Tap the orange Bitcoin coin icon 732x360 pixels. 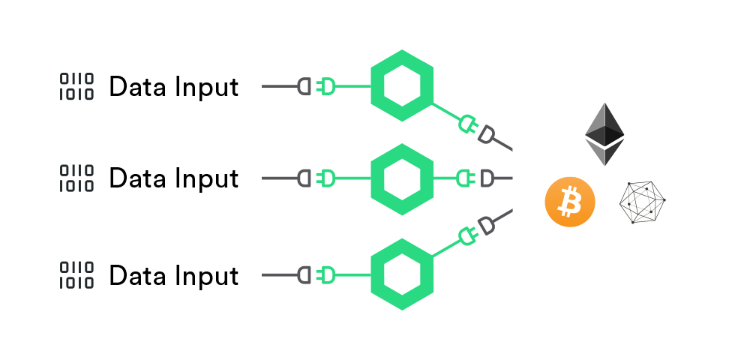click(569, 202)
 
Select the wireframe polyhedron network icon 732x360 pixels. click(643, 202)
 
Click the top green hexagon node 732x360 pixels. click(403, 86)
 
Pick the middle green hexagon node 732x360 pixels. click(403, 178)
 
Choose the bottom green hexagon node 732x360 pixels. click(403, 274)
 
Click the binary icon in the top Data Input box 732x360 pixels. click(76, 87)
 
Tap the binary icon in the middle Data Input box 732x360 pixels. click(76, 178)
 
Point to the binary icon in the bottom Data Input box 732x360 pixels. click(76, 275)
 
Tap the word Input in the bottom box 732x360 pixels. click(205, 277)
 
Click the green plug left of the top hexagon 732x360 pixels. click(328, 86)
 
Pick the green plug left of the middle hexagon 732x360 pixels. click(328, 178)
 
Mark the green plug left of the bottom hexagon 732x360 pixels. click(328, 275)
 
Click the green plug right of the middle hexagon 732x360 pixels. click(465, 178)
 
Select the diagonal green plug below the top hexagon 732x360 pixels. click(467, 124)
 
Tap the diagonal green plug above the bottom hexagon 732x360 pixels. click(469, 237)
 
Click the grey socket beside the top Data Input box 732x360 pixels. click(305, 86)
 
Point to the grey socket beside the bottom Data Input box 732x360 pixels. click(305, 275)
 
